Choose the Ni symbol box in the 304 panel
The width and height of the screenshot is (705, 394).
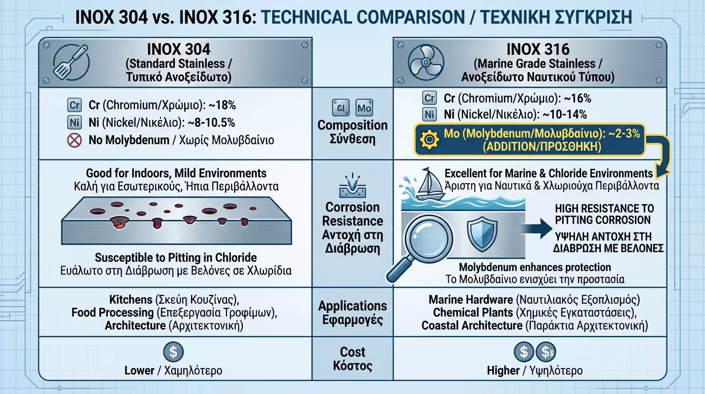(74, 123)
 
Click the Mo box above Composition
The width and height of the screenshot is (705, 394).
(364, 108)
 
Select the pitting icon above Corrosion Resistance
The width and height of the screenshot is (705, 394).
(352, 187)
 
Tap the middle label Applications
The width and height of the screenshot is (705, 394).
(352, 306)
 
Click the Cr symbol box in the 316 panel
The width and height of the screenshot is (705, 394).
(429, 98)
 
